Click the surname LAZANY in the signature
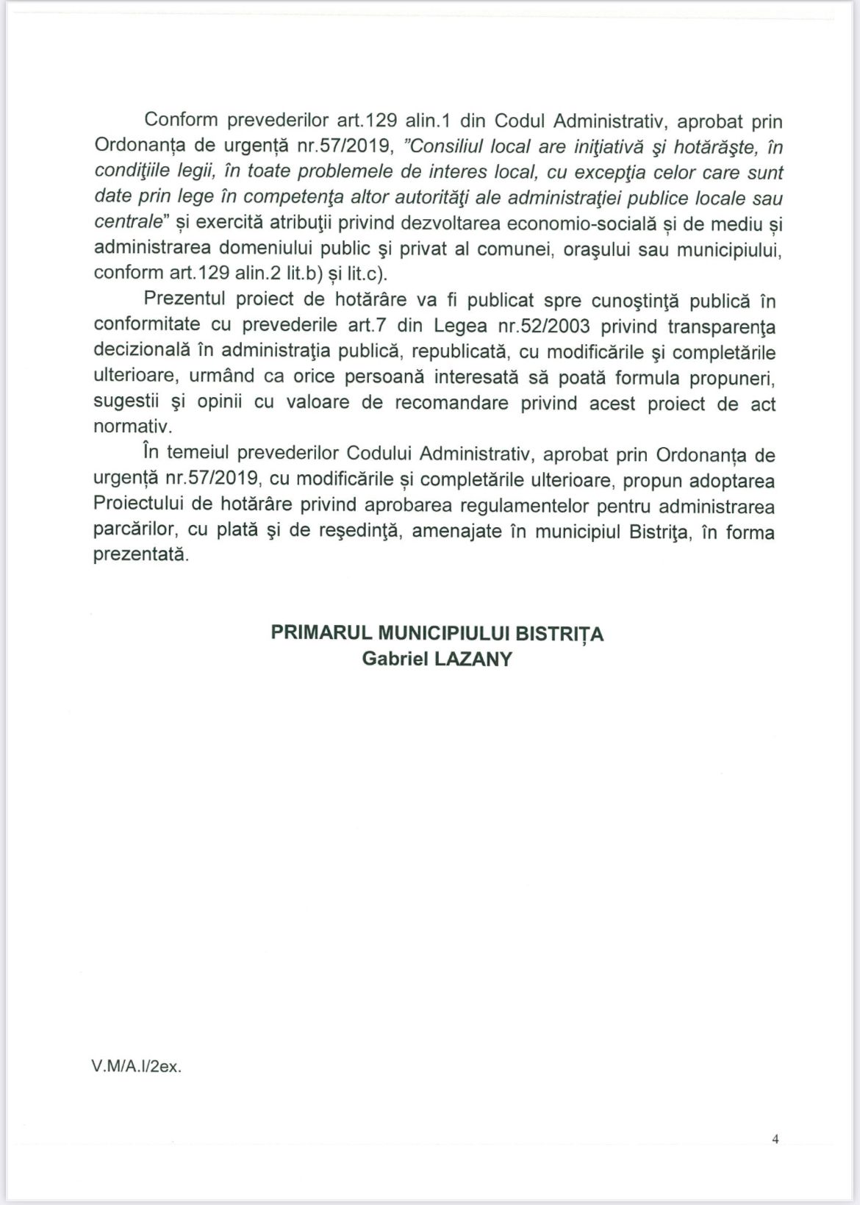click(473, 658)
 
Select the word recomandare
click(452, 403)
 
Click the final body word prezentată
click(140, 556)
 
